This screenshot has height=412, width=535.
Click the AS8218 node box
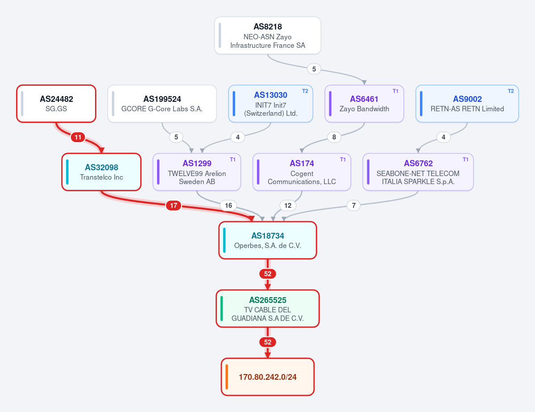pos(268,36)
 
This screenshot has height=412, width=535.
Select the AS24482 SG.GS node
pos(56,104)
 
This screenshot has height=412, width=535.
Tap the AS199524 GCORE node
pos(162,104)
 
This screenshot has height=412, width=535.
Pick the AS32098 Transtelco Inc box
pos(101,172)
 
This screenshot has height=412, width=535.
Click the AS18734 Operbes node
pos(268,240)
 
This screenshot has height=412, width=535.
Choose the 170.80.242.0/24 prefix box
pos(268,377)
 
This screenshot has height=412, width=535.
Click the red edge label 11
pos(78,137)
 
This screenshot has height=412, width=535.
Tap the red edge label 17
pos(174,206)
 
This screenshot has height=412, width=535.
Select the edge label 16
pos(228,206)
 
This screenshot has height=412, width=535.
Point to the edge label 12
pos(288,206)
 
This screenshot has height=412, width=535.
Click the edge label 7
pos(354,206)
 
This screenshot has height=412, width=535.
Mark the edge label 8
pos(334,137)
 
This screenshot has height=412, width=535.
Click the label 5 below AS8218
pos(314,69)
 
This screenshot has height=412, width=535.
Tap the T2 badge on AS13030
pos(305,91)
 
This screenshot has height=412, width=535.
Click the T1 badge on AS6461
pos(395,91)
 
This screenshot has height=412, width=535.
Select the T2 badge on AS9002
pos(511,91)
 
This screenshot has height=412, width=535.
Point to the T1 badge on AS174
pos(343,160)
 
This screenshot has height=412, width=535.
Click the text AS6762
pos(418,163)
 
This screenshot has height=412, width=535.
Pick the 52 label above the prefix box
pos(268,342)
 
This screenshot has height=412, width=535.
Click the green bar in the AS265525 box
pos(222,308)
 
